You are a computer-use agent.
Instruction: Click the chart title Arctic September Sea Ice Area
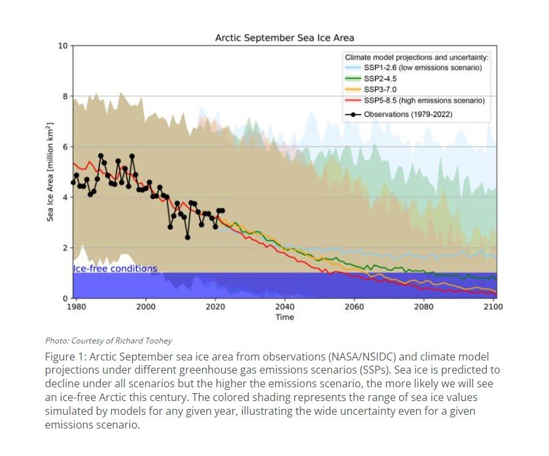click(285, 38)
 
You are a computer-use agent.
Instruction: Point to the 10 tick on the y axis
click(63, 46)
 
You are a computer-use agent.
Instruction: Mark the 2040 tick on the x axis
click(285, 306)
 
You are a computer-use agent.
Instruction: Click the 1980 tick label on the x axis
click(77, 306)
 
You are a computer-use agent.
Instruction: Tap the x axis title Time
click(285, 317)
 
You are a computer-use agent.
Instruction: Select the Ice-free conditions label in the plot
click(115, 269)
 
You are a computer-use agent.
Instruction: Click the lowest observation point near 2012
click(187, 237)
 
